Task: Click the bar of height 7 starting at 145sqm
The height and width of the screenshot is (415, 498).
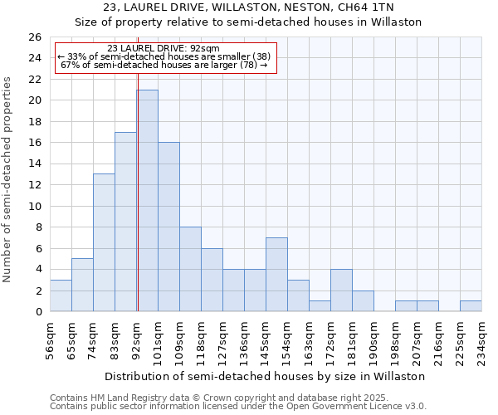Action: click(276, 275)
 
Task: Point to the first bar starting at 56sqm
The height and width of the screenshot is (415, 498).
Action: click(61, 295)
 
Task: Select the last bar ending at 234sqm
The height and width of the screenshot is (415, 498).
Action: click(471, 306)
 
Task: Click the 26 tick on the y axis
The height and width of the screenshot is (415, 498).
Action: click(35, 37)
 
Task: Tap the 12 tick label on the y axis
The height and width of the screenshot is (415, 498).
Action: click(35, 185)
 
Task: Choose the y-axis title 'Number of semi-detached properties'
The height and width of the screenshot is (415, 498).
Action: click(8, 179)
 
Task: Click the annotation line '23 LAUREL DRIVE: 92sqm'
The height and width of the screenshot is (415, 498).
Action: click(164, 48)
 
